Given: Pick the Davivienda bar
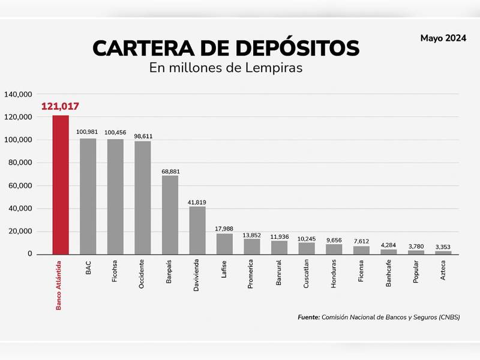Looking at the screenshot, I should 197,230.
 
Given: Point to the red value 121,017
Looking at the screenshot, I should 60,107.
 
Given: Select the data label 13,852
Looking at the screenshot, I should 252,235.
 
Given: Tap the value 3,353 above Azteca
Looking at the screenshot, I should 443,247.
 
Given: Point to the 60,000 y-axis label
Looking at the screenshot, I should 20,186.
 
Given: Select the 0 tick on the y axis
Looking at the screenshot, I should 29,254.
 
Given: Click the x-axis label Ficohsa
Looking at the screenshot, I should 115,271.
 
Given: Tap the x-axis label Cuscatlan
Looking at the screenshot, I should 307,273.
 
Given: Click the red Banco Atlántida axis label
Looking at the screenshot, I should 59,285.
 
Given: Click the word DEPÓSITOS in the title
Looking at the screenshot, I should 286,48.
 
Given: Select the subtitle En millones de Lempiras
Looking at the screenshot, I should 226,68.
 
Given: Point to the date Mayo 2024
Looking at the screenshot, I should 443,38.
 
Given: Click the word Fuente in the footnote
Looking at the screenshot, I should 308,317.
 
